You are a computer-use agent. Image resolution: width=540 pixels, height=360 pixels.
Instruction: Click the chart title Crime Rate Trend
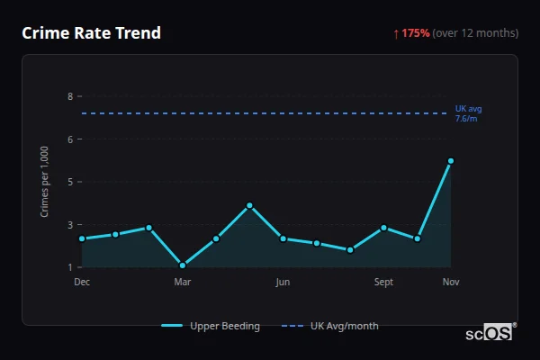[x=91, y=33]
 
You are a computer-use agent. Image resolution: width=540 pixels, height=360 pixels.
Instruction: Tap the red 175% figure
[x=416, y=33]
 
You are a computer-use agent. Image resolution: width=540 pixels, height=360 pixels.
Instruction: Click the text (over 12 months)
[x=475, y=33]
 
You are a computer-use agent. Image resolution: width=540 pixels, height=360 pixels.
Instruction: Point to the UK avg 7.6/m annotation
[x=468, y=113]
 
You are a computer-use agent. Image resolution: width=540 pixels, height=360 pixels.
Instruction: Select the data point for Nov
[x=451, y=161]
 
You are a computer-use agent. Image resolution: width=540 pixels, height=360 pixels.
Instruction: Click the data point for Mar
[x=183, y=265]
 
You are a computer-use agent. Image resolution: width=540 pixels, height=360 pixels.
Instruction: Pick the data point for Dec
[x=82, y=238]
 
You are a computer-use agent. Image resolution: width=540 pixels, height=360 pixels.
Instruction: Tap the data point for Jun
[x=283, y=238]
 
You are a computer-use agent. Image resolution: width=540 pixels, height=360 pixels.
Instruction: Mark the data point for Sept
[x=383, y=228]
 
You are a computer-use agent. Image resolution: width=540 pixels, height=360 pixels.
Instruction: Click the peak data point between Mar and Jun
[x=249, y=205]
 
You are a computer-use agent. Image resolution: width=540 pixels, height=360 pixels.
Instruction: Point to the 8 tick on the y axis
[x=70, y=96]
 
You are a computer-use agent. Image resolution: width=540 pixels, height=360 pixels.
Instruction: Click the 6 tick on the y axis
[x=70, y=139]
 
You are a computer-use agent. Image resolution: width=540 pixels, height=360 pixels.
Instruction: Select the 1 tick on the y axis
[x=70, y=267]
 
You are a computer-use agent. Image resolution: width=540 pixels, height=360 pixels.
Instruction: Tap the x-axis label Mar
[x=183, y=283]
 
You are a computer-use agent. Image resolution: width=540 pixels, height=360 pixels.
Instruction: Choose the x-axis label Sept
[x=383, y=283]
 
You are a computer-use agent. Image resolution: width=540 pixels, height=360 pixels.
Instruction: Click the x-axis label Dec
[x=82, y=283]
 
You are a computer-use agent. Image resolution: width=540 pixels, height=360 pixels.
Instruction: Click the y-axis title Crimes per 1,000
[x=45, y=182]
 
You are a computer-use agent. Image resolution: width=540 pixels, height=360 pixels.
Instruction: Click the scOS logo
[x=490, y=332]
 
